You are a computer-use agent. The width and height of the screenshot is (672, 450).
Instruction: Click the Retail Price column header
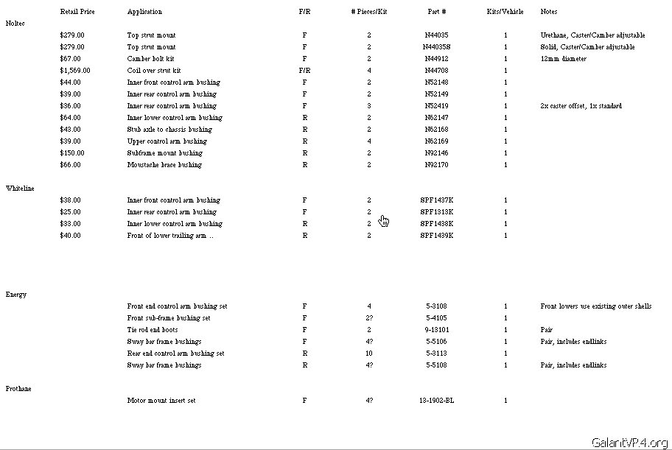point(77,12)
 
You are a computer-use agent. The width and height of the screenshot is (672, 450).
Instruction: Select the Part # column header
point(437,12)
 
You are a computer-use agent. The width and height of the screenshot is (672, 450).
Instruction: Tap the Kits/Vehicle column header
point(505,12)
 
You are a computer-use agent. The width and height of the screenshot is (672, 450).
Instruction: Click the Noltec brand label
point(15,24)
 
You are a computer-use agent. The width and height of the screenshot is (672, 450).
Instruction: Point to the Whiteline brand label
point(20,189)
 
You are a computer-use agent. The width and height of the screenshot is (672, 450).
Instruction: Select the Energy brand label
point(16,295)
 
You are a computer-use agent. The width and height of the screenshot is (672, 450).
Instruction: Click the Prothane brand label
point(18,389)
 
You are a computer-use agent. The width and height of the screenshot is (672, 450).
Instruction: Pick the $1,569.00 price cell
point(75,71)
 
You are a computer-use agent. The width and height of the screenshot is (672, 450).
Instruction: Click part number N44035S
point(437,47)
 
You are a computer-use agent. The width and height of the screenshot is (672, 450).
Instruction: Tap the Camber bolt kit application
point(150,59)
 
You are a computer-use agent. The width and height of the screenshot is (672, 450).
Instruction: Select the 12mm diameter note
point(563,59)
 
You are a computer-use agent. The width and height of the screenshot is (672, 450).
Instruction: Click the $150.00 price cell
point(72,153)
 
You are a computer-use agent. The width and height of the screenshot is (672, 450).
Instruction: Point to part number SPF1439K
point(437,236)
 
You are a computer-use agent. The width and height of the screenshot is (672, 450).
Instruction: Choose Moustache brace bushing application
point(164,165)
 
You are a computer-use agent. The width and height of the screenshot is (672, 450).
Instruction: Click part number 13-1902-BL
point(437,401)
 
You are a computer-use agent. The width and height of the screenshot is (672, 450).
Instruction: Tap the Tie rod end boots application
point(153,330)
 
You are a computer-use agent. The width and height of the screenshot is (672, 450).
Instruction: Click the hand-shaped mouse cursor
point(384,221)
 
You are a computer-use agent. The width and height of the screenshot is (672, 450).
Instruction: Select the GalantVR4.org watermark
point(629,442)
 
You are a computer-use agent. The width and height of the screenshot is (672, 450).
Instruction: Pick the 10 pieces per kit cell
point(369,354)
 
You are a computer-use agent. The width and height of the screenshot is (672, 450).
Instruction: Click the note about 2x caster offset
point(581,106)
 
